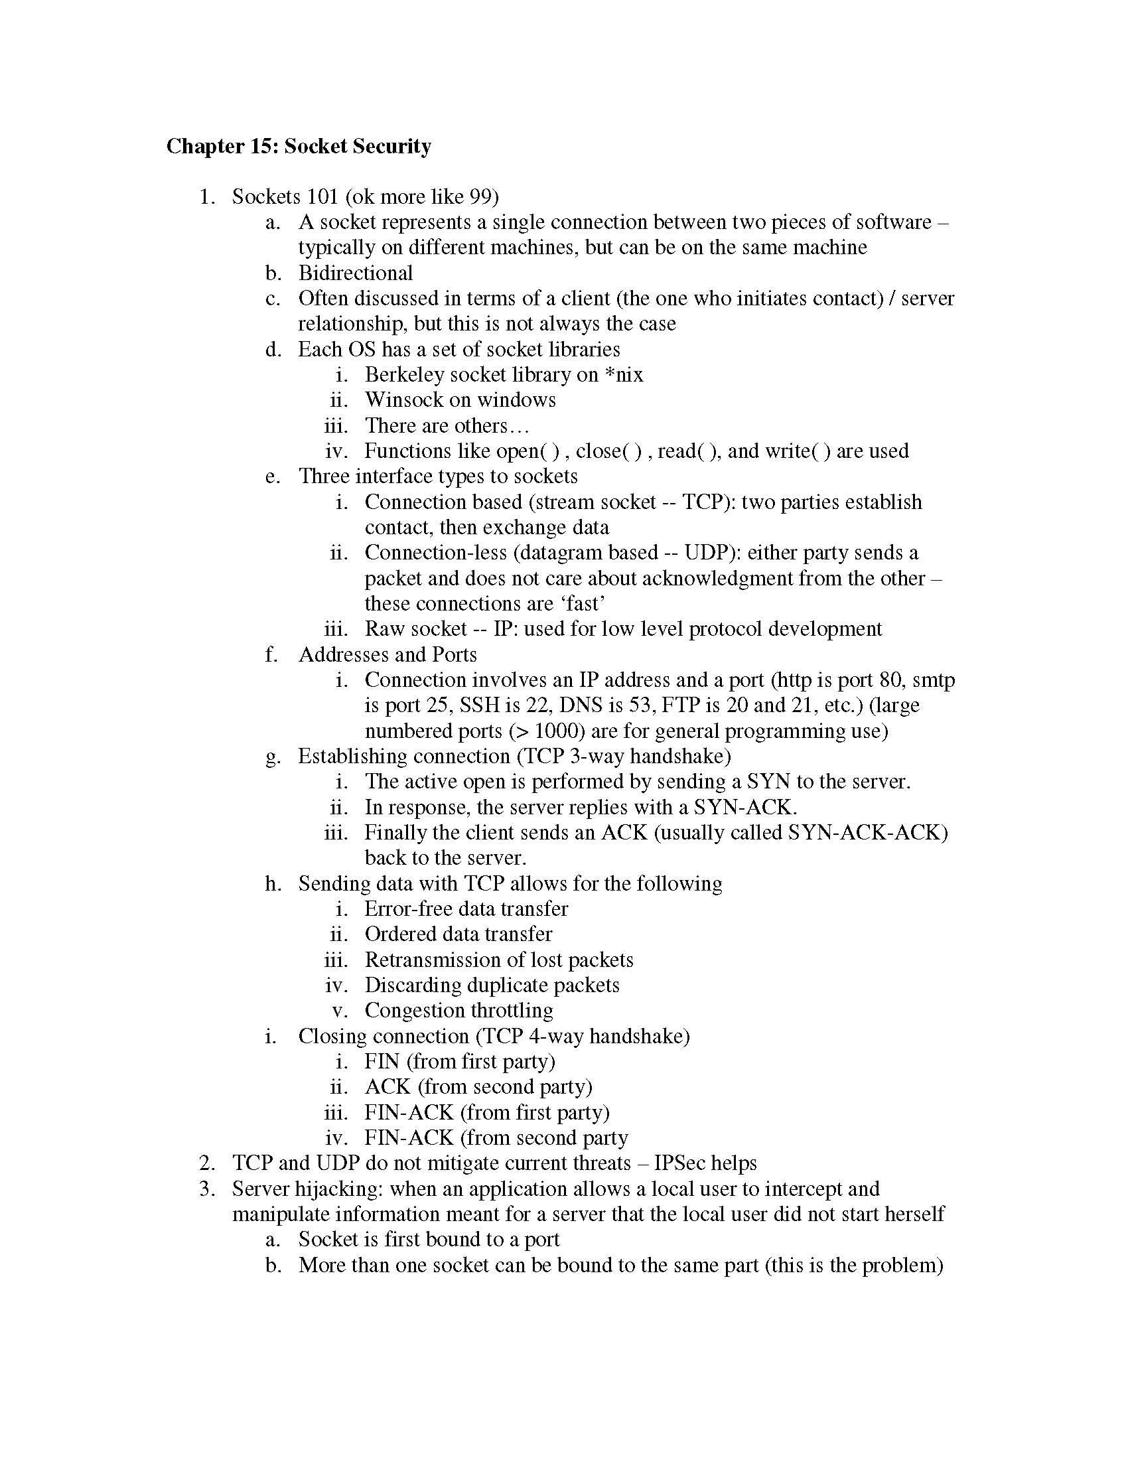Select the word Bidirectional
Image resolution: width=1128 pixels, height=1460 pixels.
[356, 273]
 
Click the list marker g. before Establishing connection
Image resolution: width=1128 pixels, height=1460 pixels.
[272, 757]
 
